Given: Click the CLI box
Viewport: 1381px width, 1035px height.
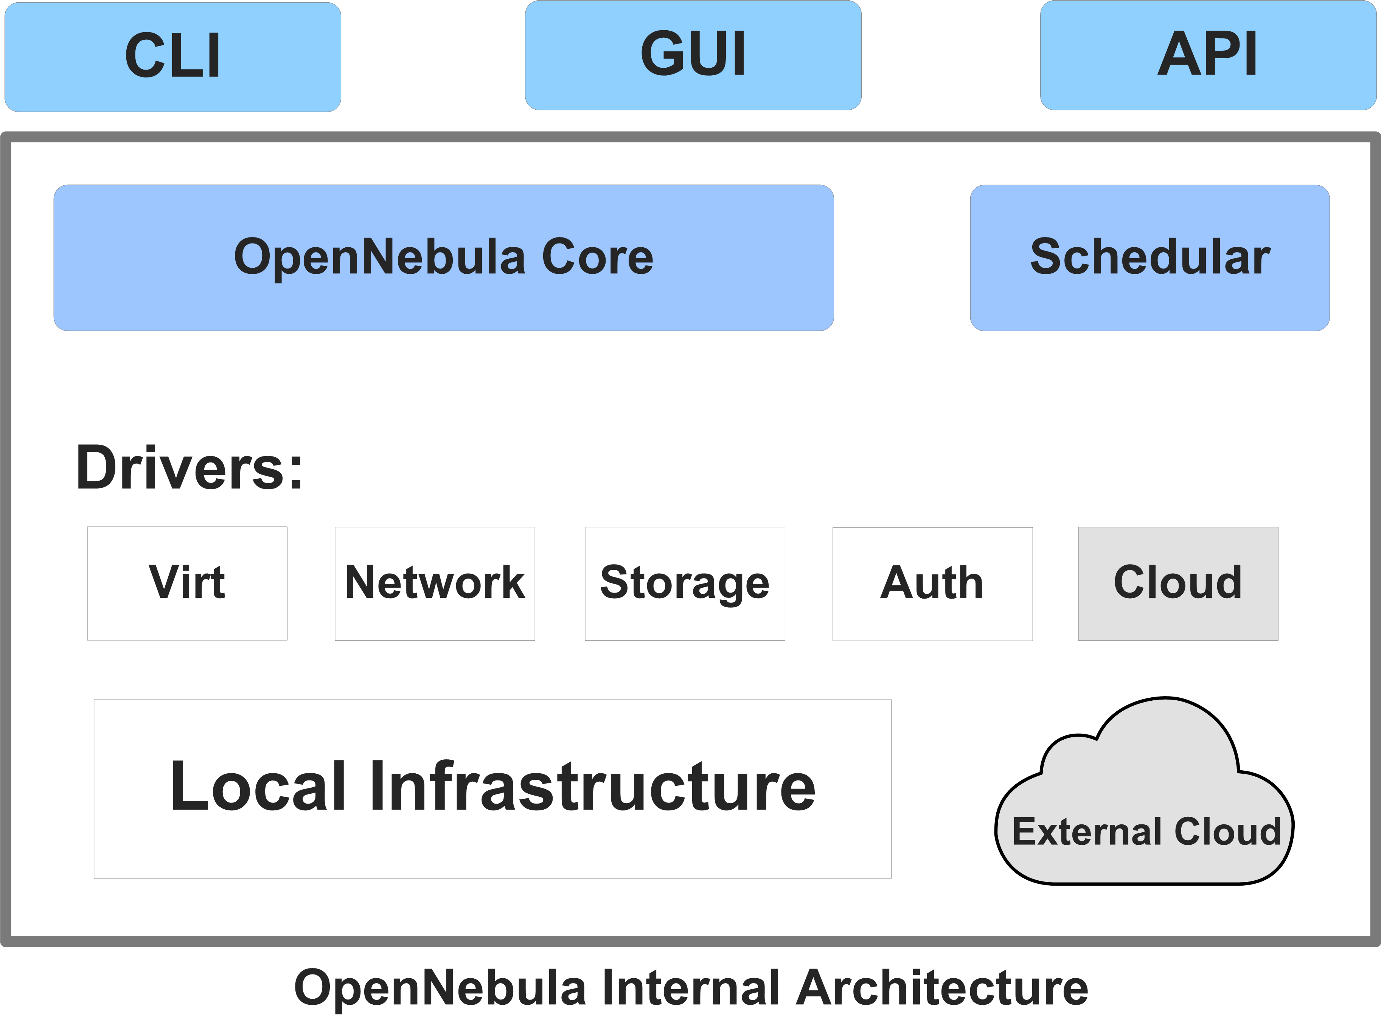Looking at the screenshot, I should coord(173,56).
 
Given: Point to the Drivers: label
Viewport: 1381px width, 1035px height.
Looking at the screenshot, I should coord(189,468).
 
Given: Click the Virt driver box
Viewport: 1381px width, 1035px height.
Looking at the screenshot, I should coord(187,583).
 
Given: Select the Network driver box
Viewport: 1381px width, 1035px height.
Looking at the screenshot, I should coord(435,583).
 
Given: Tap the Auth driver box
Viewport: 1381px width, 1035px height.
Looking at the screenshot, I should coord(932,583).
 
